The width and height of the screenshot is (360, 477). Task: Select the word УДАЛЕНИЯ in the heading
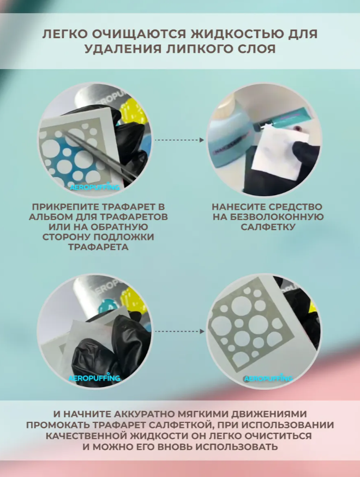(123, 49)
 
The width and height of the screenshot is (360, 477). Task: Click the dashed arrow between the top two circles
(179, 140)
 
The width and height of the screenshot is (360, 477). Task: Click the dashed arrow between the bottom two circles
(179, 331)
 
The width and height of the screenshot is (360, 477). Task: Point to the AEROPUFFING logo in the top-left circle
(95, 187)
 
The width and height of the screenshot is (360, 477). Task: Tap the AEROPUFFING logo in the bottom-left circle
(94, 378)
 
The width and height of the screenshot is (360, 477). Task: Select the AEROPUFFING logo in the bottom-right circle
(268, 378)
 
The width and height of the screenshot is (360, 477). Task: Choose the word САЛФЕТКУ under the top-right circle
(268, 227)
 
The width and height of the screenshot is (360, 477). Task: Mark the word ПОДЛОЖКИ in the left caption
(128, 237)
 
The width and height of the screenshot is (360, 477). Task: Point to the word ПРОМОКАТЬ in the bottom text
(58, 425)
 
